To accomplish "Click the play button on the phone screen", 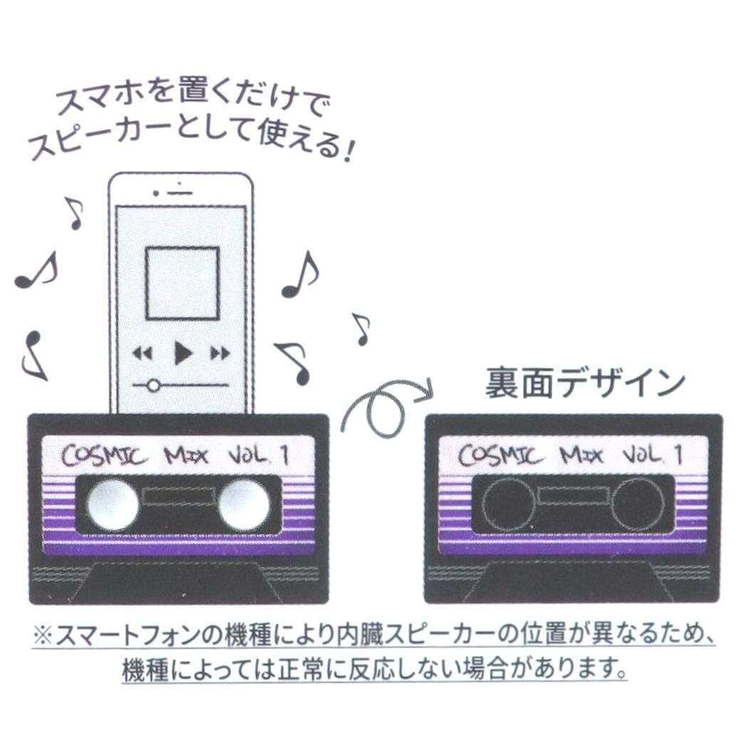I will click(183, 352).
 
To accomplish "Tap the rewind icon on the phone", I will click(143, 353).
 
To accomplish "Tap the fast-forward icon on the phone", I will click(221, 353).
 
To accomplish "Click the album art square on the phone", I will click(182, 282).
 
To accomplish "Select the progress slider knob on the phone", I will click(151, 385).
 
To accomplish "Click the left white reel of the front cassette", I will click(113, 504).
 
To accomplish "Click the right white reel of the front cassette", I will click(244, 504).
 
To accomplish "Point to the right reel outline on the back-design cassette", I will click(638, 504).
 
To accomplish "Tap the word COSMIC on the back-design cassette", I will click(497, 454).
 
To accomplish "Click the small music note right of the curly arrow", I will click(362, 329).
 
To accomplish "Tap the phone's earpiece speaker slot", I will click(182, 193).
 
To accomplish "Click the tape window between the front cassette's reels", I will click(178, 497).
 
